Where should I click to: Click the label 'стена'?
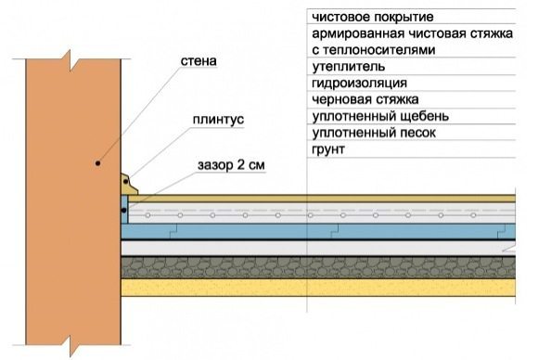click(x=199, y=61)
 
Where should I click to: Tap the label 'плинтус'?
click(x=218, y=120)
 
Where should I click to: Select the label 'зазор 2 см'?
click(x=231, y=165)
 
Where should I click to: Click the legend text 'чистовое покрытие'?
click(x=373, y=17)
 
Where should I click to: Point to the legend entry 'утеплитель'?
click(x=348, y=67)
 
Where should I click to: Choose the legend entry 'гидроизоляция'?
click(x=359, y=84)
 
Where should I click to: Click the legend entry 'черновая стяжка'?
click(x=365, y=99)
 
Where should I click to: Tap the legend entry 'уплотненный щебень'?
click(x=380, y=116)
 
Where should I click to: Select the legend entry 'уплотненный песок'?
click(x=374, y=133)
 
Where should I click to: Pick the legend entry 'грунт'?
click(x=327, y=149)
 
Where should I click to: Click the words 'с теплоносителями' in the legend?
click(x=374, y=50)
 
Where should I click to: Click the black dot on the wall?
click(x=98, y=163)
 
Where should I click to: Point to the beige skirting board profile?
click(x=129, y=184)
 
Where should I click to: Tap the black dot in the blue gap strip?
click(x=124, y=211)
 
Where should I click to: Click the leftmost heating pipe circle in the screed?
click(x=147, y=215)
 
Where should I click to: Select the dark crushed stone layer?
click(x=318, y=267)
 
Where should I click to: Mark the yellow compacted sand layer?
click(x=318, y=288)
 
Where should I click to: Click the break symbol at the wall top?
click(x=71, y=59)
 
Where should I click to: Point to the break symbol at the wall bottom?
click(x=71, y=345)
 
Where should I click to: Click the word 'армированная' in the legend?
click(x=358, y=33)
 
